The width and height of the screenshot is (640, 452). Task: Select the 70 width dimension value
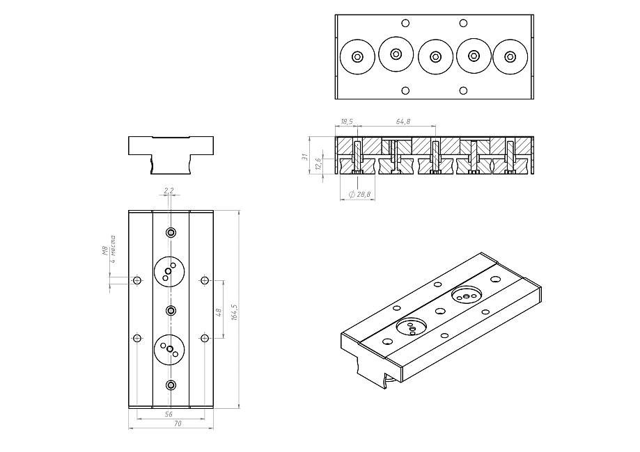tap(169, 423)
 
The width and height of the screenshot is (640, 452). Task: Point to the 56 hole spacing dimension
tap(169, 413)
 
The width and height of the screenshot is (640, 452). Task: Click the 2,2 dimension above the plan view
tap(168, 190)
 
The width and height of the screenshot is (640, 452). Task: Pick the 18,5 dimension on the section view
tap(346, 122)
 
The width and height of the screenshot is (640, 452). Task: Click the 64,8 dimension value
tap(403, 122)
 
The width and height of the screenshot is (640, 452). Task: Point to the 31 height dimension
tap(304, 158)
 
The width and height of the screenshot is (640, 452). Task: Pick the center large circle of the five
tap(436, 57)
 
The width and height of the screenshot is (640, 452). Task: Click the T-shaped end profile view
tap(171, 152)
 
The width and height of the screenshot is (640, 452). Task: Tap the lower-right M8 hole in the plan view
tap(204, 338)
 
